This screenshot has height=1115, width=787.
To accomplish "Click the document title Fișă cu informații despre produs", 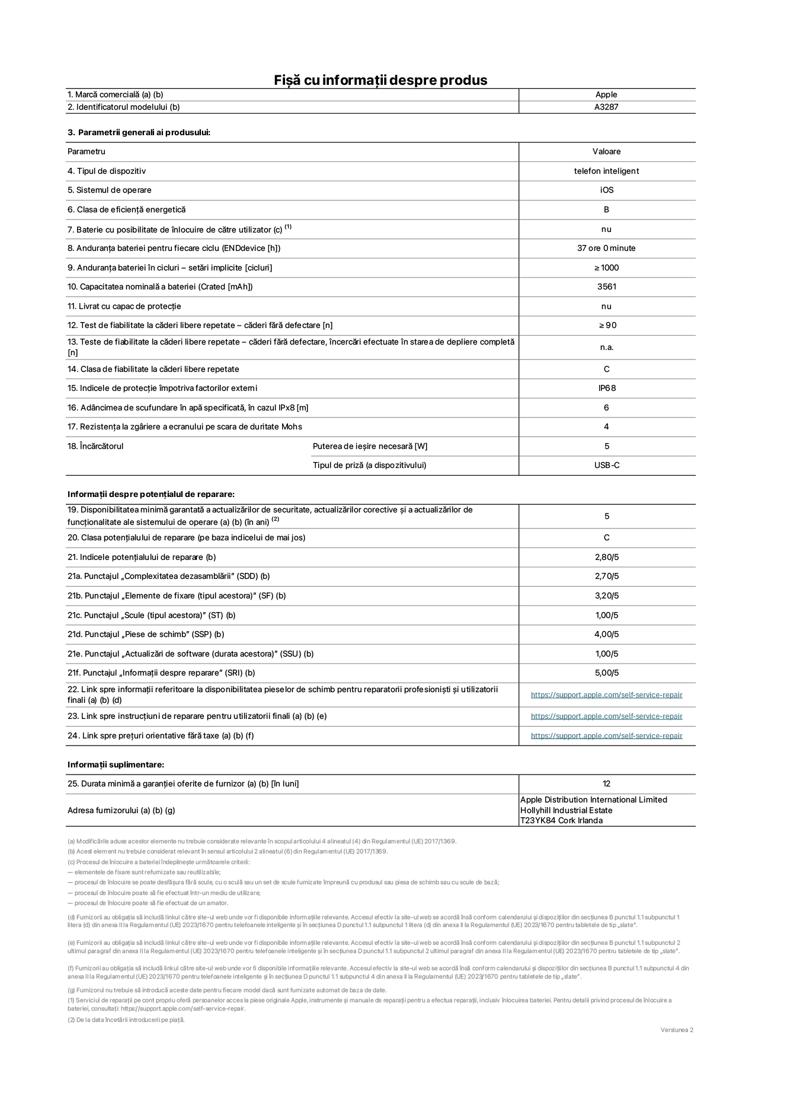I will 380,80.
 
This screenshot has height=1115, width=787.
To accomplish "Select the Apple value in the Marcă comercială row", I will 606,94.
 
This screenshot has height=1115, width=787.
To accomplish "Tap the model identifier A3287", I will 606,107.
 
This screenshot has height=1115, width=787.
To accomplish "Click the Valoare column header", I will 606,152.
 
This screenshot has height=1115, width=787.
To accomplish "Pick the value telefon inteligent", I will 606,171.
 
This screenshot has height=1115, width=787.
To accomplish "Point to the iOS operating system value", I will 606,190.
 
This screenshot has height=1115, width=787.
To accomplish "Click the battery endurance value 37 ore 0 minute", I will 606,248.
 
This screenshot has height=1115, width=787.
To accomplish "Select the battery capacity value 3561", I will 606,287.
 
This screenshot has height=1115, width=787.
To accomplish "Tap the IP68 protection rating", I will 606,388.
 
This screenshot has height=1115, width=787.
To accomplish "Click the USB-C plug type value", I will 606,466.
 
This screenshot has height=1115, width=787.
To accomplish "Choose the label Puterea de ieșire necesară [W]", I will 370,446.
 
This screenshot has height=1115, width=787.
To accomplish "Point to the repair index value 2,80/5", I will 606,557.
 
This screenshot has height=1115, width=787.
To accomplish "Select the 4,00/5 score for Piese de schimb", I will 606,635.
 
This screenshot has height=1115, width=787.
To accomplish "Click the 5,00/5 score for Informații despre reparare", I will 606,673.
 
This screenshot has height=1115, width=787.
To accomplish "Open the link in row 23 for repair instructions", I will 606,716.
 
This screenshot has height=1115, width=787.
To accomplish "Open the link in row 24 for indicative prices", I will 606,736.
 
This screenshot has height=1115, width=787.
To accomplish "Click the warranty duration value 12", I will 606,784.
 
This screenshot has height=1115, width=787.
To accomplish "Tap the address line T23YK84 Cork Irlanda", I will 561,821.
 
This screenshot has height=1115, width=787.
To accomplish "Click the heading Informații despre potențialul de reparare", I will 151,494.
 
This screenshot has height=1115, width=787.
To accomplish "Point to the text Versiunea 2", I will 676,1030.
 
